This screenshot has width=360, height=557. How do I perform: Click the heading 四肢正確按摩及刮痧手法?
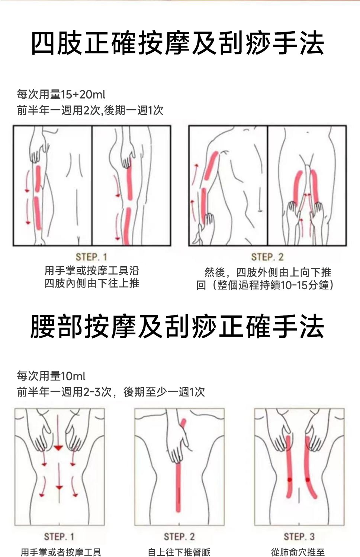(178, 43)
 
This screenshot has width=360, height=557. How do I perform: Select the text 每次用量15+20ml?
(61, 94)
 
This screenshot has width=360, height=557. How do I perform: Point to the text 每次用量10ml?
(51, 376)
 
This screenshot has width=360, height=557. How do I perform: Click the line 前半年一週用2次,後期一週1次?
(90, 110)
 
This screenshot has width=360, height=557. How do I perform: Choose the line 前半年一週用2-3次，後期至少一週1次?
(111, 392)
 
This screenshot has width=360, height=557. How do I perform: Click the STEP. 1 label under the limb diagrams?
(91, 257)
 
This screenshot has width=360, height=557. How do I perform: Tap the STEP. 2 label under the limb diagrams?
(267, 257)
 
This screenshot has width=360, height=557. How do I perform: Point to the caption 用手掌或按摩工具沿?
(91, 271)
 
